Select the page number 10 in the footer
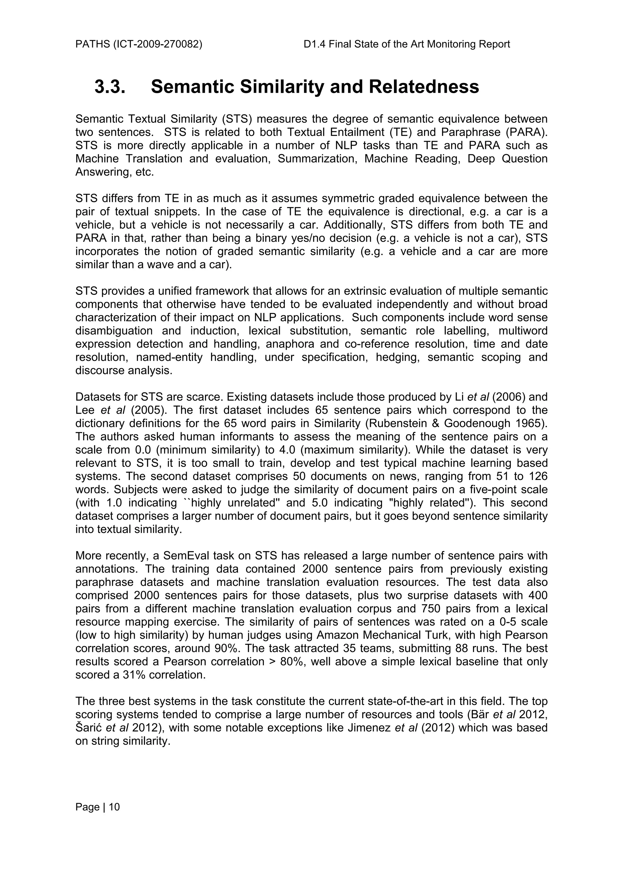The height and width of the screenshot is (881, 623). pyautogui.click(x=114, y=807)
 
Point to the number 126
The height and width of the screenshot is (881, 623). pyautogui.click(x=538, y=476)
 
